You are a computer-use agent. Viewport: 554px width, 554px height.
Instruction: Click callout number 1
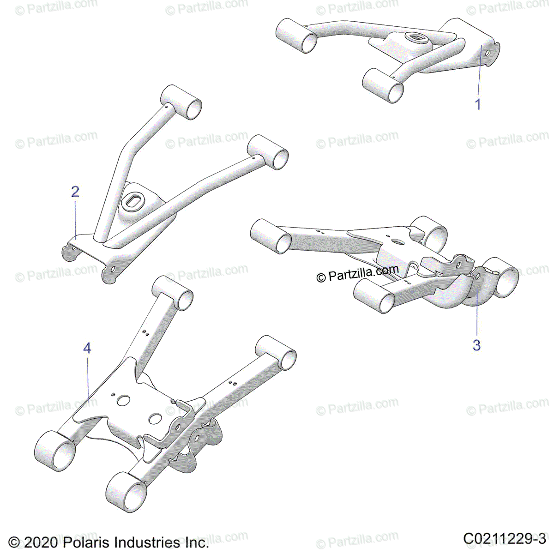tap(478, 104)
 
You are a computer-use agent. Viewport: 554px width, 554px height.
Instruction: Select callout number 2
tap(75, 192)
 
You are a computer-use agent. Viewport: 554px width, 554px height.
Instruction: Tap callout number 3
tap(477, 344)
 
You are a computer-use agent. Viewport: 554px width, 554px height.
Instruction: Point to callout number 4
tap(87, 348)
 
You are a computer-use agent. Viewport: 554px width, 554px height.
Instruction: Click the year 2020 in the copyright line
tap(40, 542)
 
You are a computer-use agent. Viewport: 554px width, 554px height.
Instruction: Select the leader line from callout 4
tap(88, 379)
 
